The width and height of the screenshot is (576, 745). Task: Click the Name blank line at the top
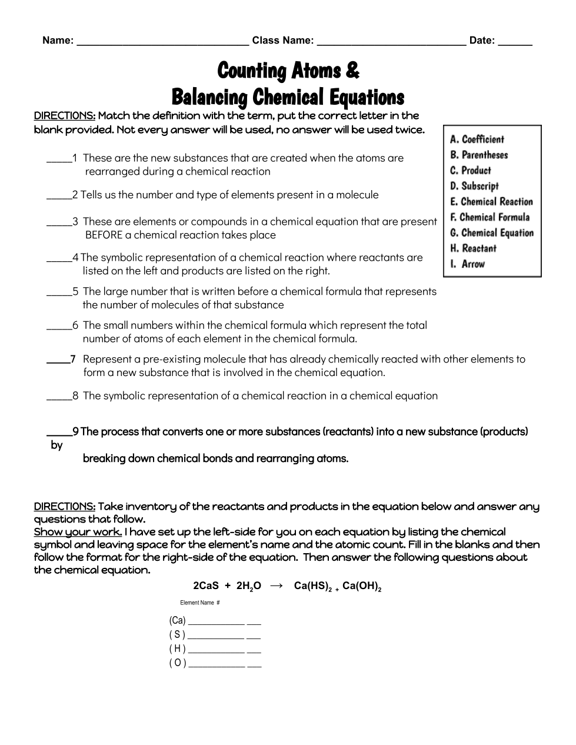pos(162,42)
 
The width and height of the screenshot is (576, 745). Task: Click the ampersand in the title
pos(352,71)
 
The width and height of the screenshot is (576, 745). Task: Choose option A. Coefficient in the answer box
pos(477,139)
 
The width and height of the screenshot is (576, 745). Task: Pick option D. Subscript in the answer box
pos(474,186)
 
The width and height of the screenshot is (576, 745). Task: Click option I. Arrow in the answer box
pos(467,264)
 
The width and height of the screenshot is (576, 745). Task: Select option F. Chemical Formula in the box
pos(490,217)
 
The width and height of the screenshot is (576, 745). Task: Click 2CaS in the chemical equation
pos(206,586)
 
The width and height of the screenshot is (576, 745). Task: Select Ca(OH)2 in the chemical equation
pos(361,587)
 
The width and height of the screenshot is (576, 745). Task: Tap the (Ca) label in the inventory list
pos(177,620)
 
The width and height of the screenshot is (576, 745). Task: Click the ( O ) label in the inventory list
pos(177,663)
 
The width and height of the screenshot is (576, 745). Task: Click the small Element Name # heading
pos(200,603)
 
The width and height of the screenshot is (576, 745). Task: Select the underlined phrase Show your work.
pos(78,532)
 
